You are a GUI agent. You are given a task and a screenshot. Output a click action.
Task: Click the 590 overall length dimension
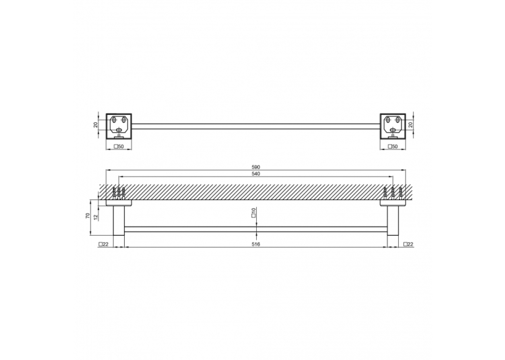coord(255,167)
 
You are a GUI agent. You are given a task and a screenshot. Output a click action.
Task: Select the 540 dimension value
coord(255,174)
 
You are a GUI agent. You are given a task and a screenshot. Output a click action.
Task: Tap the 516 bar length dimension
coord(255,244)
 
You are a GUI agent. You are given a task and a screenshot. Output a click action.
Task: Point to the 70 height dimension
coord(88,216)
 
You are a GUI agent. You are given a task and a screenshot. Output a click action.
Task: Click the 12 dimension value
coord(95,217)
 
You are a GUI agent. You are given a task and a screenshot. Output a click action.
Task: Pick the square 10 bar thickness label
coord(253,213)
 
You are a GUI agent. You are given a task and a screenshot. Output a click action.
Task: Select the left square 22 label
coord(104,244)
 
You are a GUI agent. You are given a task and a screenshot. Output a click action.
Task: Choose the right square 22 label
coord(408,244)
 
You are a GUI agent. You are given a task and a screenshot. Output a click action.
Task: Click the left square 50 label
coord(119,147)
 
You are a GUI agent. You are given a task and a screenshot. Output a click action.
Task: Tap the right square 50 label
coord(393,147)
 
